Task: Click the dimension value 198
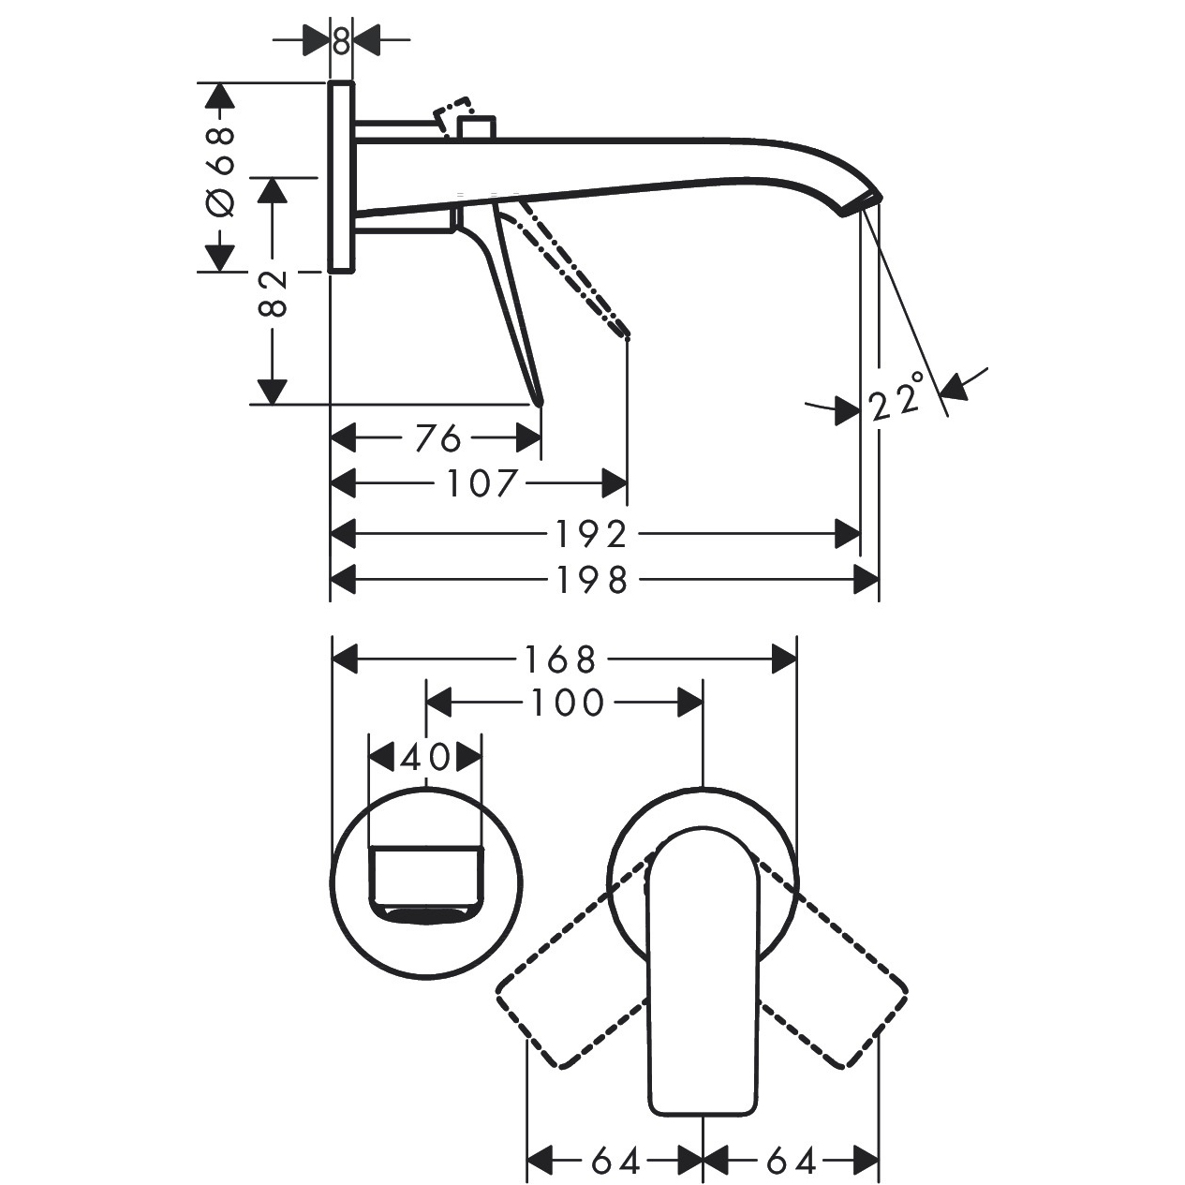(592, 581)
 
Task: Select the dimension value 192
(591, 534)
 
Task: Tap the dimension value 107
(481, 483)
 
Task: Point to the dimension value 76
(437, 437)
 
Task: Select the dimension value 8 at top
(341, 40)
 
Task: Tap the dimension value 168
(560, 659)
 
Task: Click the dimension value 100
(568, 703)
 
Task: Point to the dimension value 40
(425, 757)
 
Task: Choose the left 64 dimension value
(615, 1162)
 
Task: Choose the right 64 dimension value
(791, 1162)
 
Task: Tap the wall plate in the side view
(341, 176)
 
